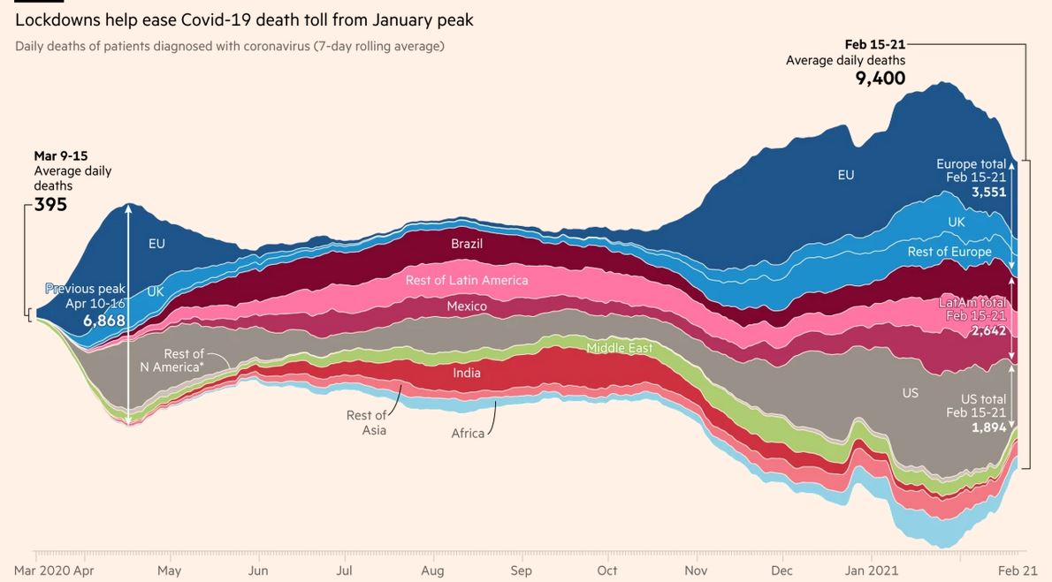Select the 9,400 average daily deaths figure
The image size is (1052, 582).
coord(880,79)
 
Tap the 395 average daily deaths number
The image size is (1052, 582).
coord(51,205)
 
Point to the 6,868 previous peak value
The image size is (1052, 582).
coord(104,321)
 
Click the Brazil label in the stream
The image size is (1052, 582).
coord(467,244)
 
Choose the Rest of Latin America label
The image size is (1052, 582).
coord(467,280)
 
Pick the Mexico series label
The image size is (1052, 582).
coord(467,306)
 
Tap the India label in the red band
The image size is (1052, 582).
coord(467,373)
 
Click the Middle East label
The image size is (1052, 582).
coord(620,348)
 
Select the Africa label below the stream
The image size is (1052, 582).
coord(468,434)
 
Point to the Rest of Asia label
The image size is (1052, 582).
coord(366,423)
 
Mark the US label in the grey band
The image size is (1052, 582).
coord(911,393)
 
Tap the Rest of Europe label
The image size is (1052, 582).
coord(949,252)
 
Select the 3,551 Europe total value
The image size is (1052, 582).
coord(988,192)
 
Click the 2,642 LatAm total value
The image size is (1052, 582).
coord(988,330)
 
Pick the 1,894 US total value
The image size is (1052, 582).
coord(988,427)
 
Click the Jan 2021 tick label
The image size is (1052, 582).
coord(872,571)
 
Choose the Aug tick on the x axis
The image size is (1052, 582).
coord(432,571)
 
